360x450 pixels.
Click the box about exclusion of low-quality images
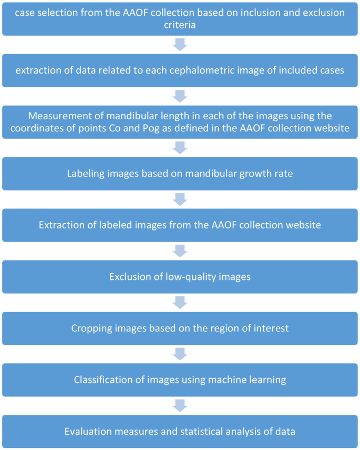[x=180, y=276]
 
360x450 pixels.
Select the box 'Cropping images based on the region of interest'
[x=180, y=328]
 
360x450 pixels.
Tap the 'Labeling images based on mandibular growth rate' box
[x=180, y=173]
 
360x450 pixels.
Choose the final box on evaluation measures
[x=180, y=431]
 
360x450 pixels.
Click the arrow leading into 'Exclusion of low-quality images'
[x=180, y=251]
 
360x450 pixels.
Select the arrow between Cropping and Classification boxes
[x=180, y=354]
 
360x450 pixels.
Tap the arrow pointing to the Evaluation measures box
[x=180, y=405]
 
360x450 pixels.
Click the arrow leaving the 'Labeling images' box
[x=180, y=200]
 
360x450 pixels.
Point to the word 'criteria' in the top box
[x=180, y=25]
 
